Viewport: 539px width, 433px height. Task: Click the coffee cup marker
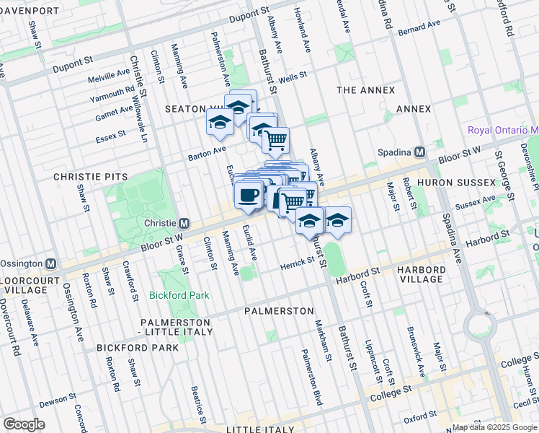click(x=249, y=195)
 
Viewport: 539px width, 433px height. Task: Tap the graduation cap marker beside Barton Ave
click(x=219, y=123)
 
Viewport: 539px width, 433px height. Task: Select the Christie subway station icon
click(x=184, y=223)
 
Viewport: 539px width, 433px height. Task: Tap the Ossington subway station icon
click(x=51, y=263)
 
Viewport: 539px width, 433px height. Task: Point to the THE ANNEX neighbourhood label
click(x=366, y=90)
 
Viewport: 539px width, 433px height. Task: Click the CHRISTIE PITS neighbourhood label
click(x=90, y=177)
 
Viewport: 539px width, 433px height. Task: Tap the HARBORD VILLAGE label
click(x=425, y=274)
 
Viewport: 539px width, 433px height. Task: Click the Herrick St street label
click(x=298, y=267)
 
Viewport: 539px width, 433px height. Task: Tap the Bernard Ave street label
click(x=419, y=28)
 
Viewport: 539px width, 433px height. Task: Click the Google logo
click(x=24, y=424)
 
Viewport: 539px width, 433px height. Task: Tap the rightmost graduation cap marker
click(x=336, y=222)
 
